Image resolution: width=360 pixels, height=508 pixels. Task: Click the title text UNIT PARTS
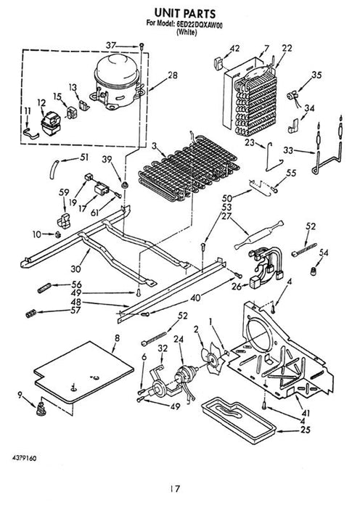[x=184, y=13]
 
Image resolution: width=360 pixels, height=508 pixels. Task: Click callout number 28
[x=173, y=75]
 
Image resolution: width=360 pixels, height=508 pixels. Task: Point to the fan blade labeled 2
[x=212, y=359]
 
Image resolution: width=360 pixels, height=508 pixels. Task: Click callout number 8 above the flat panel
[x=117, y=338]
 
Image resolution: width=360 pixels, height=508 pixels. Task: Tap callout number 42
[x=234, y=49]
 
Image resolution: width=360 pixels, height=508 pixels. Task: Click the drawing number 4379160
[x=24, y=458]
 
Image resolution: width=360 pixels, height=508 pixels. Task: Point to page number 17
[x=175, y=488]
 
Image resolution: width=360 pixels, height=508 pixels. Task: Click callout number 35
[x=316, y=75]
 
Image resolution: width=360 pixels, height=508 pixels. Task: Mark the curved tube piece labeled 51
[x=54, y=169]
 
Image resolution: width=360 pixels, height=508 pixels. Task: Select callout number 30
[x=75, y=269]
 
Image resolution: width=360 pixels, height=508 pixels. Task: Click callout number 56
[x=76, y=284]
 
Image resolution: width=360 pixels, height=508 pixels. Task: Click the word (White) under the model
[x=187, y=32]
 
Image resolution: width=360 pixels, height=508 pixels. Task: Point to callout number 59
[x=64, y=192]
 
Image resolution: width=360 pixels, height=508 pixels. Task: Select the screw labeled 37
[x=142, y=46]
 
